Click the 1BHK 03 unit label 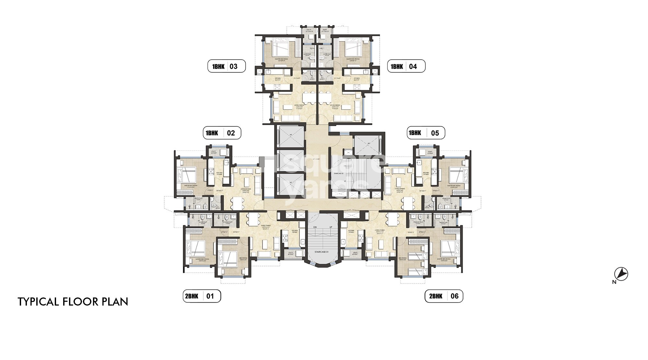pos(226,67)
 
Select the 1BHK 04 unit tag pos(406,67)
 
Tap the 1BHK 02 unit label pos(222,133)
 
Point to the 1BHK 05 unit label pos(426,133)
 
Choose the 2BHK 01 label pos(202,296)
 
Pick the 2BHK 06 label pos(444,296)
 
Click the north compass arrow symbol pos(621,274)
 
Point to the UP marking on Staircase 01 pos(330,227)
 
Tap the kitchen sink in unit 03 pos(269,72)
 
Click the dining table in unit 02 pos(237,203)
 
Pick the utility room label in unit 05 pos(430,152)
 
